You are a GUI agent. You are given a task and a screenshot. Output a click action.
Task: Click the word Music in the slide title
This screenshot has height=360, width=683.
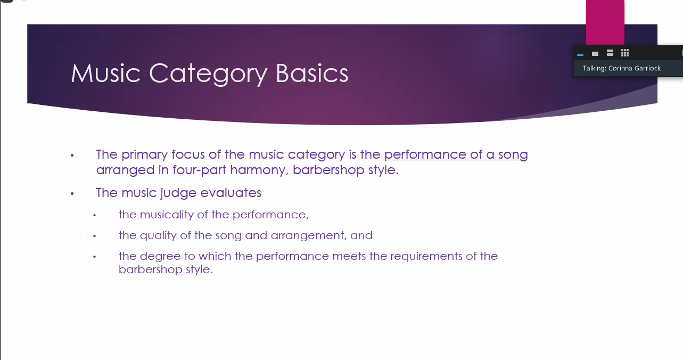106,73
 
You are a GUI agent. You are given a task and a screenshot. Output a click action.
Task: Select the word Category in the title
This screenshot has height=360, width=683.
208,75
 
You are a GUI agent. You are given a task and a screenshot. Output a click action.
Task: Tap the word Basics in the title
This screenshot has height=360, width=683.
312,73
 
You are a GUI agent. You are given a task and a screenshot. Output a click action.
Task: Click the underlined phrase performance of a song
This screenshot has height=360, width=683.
456,155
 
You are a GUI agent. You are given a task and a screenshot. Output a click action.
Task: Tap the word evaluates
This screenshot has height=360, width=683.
231,193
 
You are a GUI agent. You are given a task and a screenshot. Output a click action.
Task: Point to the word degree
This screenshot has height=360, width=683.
160,256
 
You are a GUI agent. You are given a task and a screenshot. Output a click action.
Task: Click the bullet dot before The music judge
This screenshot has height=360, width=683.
72,193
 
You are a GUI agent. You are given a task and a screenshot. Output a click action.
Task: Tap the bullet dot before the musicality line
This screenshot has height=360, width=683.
95,215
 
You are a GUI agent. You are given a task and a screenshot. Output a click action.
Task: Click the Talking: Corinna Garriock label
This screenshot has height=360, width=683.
621,68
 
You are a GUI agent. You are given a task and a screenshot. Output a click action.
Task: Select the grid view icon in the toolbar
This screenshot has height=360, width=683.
625,53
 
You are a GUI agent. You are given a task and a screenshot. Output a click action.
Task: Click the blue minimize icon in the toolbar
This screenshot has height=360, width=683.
580,55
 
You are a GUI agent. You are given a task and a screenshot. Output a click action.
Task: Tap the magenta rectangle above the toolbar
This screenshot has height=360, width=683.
605,22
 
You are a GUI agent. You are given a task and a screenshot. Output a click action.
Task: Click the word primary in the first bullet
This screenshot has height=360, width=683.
144,155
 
